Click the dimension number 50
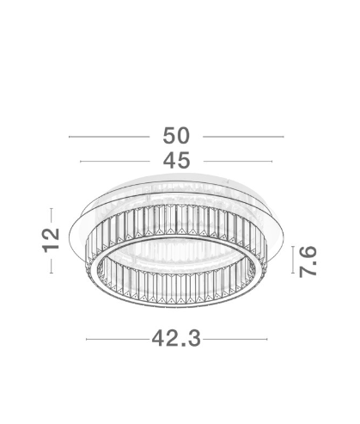[176, 136]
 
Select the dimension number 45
[176, 160]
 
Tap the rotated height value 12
[51, 240]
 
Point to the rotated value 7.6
[308, 261]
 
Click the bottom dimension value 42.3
[176, 338]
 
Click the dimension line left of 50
[109, 137]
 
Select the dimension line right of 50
[243, 137]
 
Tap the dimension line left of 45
[115, 162]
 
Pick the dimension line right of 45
[238, 162]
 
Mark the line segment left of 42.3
[118, 339]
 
